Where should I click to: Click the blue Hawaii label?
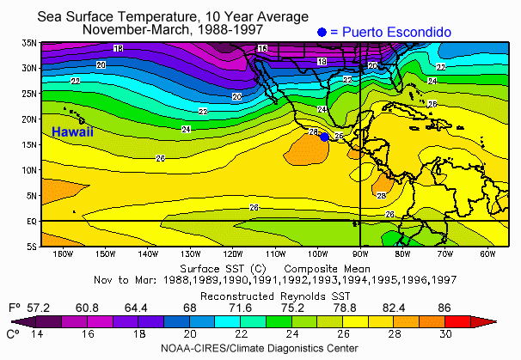(x=72, y=131)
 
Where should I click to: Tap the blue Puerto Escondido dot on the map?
(x=325, y=137)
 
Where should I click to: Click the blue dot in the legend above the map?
(x=322, y=32)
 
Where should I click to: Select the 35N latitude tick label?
(x=29, y=43)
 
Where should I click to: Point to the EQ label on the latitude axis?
(x=32, y=221)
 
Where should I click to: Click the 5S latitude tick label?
(x=32, y=247)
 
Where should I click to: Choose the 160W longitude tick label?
(x=63, y=254)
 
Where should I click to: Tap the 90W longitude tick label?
(x=360, y=254)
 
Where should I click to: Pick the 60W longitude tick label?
(x=487, y=254)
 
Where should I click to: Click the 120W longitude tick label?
(x=233, y=254)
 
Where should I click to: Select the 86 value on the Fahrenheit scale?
(x=444, y=308)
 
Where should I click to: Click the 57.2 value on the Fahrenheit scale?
(x=38, y=308)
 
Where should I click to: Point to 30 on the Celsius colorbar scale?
(x=444, y=333)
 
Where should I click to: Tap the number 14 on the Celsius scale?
(x=37, y=333)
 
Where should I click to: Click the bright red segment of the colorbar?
(x=458, y=322)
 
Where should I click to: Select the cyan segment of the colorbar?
(x=228, y=322)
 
